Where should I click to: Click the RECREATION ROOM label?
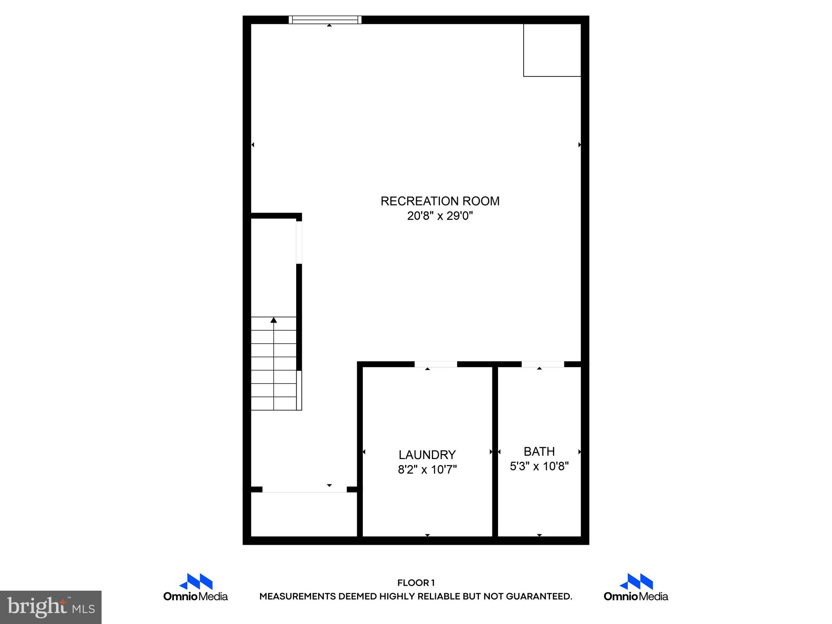[440, 201]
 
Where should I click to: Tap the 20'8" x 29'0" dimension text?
[440, 216]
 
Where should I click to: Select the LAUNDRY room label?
[427, 455]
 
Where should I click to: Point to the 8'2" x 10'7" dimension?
[427, 470]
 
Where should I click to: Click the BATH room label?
[539, 451]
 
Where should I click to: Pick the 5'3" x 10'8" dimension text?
[539, 466]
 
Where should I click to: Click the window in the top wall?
[325, 20]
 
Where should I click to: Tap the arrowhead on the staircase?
[274, 320]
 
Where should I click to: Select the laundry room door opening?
[435, 364]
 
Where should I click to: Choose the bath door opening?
[543, 364]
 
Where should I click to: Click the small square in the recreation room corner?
[552, 50]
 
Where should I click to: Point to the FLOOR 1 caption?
[416, 583]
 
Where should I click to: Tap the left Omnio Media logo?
[195, 587]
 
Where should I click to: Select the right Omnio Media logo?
[636, 587]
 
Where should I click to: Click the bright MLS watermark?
[51, 607]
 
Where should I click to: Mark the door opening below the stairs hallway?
[304, 490]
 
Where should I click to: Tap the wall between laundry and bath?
[495, 451]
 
